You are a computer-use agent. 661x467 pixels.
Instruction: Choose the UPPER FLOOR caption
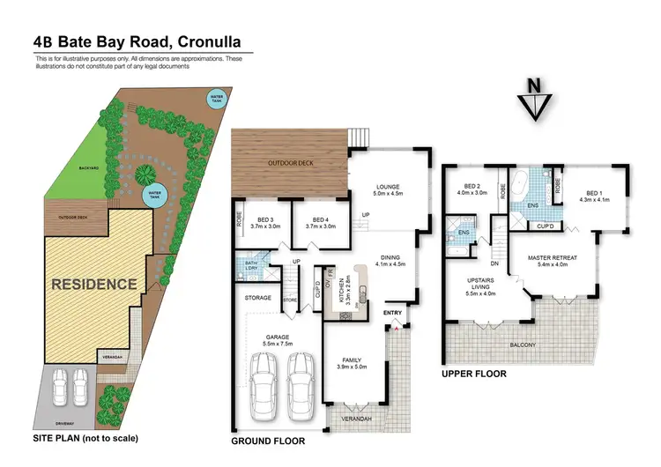click(x=473, y=374)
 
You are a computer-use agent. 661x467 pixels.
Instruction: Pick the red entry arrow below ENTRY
click(x=397, y=327)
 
